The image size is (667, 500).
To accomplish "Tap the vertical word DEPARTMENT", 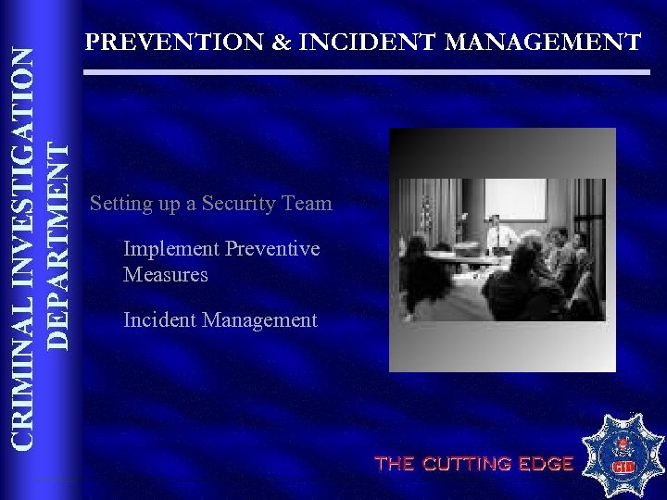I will tap(57, 244).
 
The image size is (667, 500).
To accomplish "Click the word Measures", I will tap(165, 274).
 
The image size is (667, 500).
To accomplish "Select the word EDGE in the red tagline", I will tap(546, 464).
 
